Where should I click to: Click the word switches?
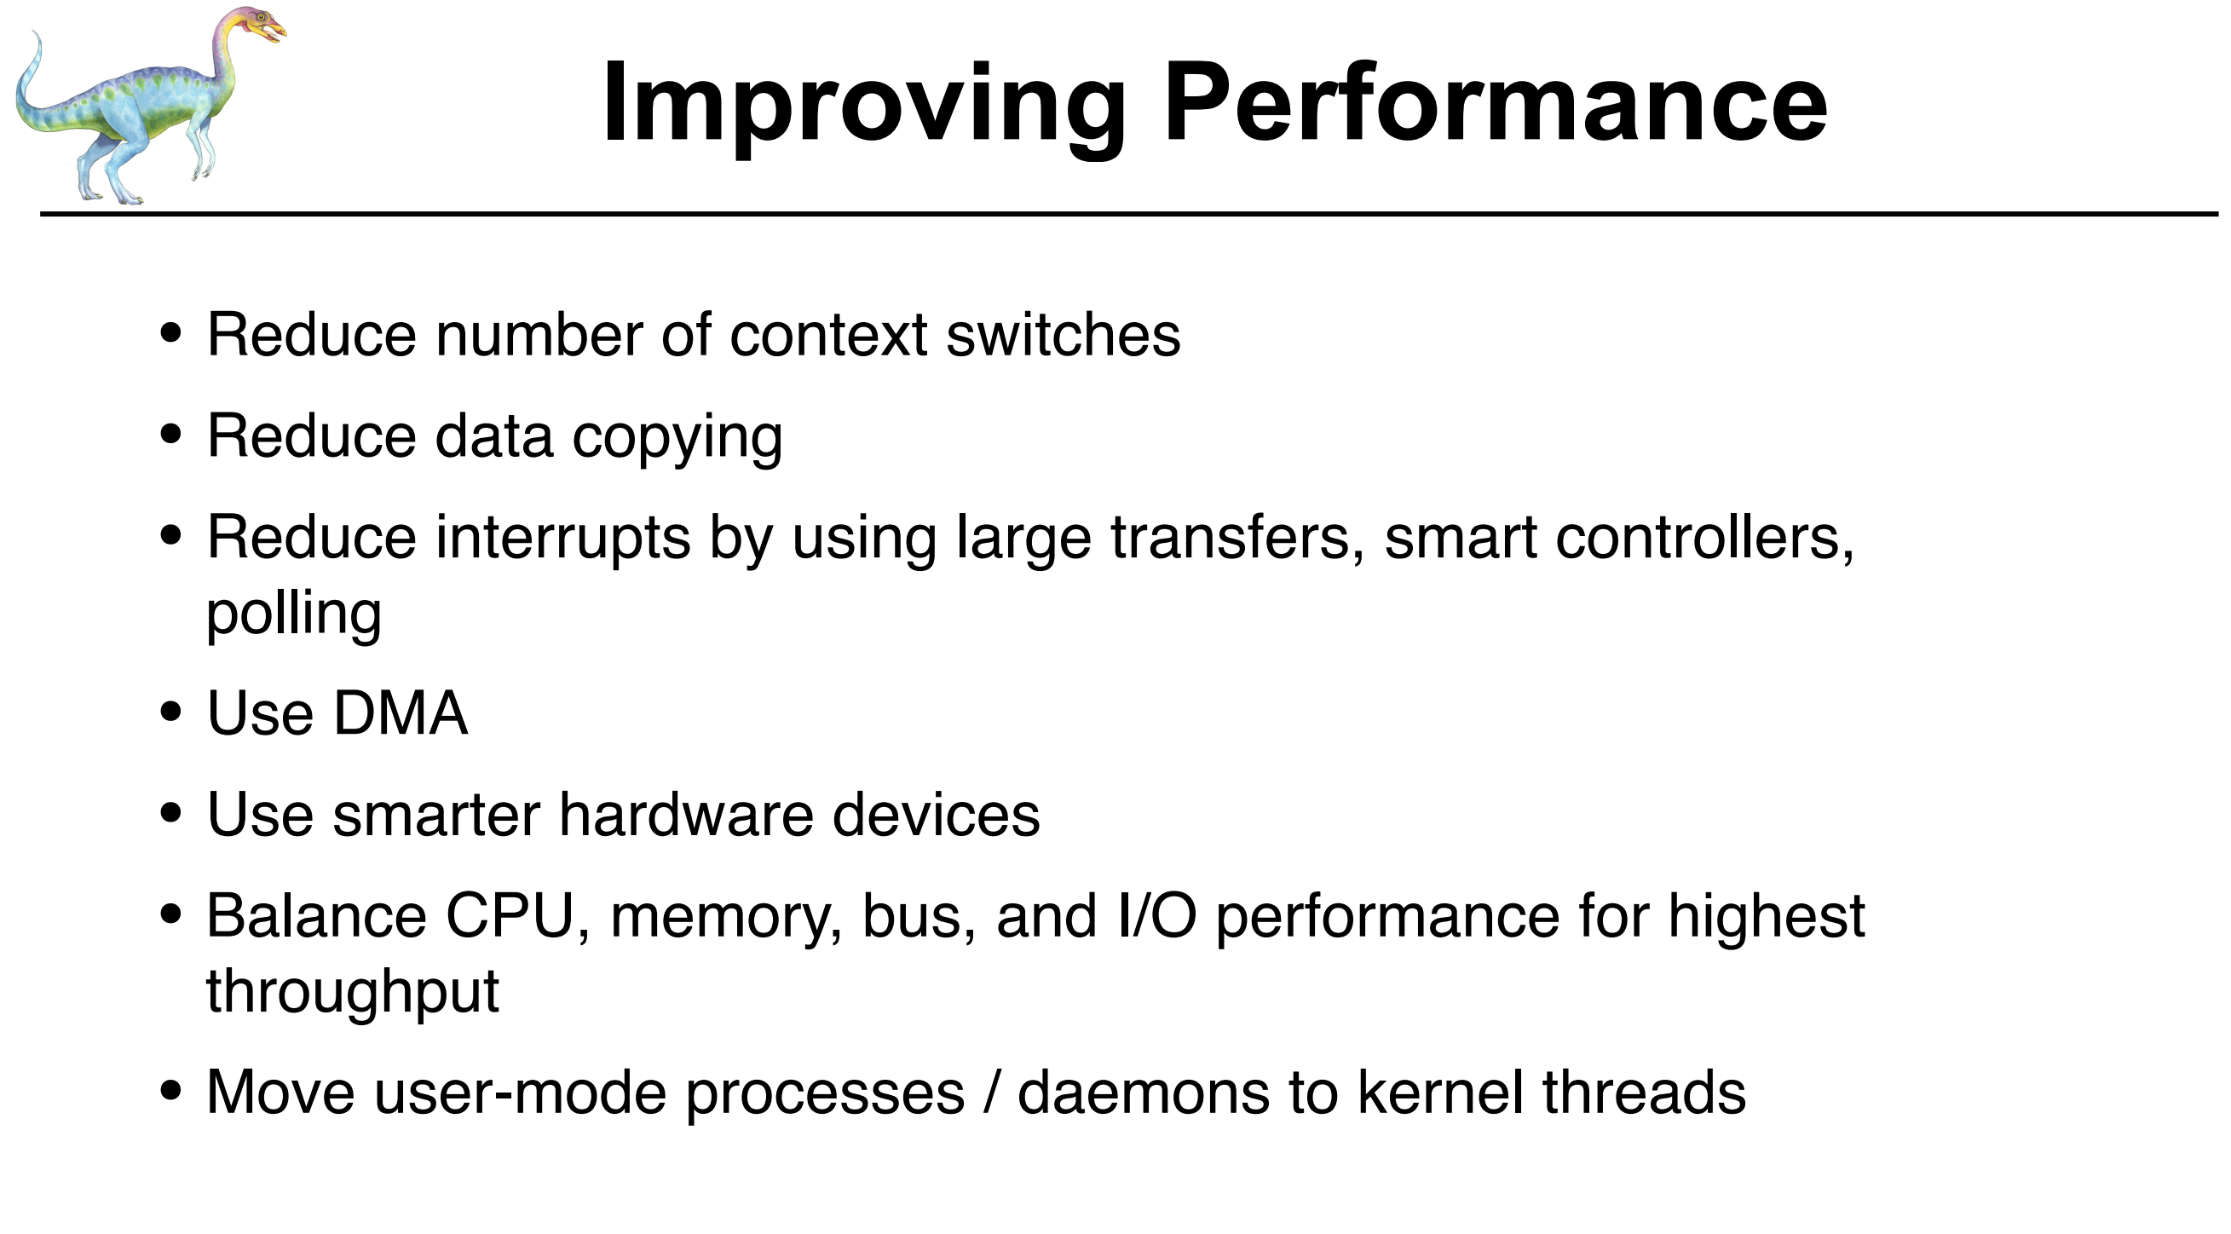pyautogui.click(x=1063, y=334)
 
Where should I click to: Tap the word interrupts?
pyautogui.click(x=563, y=539)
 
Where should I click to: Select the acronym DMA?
pyautogui.click(x=401, y=713)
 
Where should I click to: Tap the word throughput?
pyautogui.click(x=353, y=992)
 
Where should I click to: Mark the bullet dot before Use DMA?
pyautogui.click(x=171, y=712)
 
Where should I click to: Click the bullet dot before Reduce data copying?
pyautogui.click(x=171, y=434)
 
